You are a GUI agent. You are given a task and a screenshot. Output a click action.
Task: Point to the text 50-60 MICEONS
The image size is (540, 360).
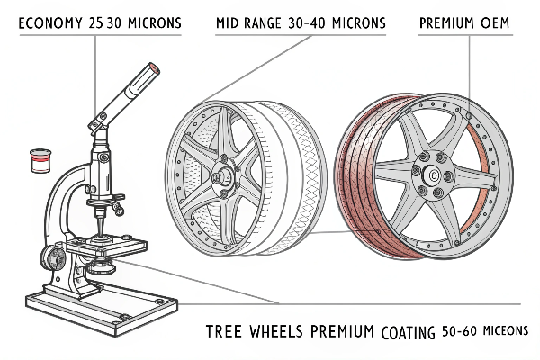point(485,331)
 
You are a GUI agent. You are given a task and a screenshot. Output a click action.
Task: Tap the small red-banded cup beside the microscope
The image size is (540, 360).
point(38,162)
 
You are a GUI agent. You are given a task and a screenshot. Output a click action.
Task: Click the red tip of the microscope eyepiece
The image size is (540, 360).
point(153,68)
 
